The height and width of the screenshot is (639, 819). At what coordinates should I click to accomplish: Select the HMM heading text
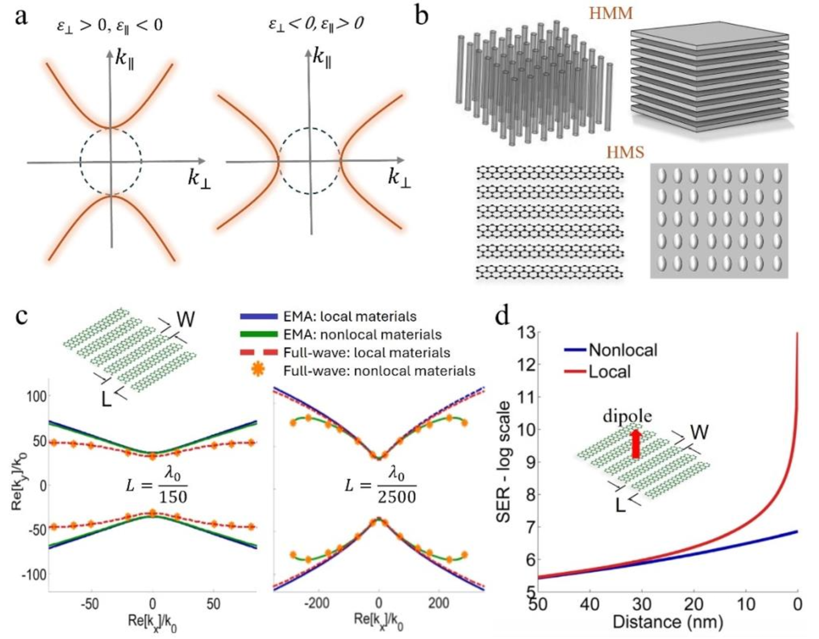[x=611, y=13]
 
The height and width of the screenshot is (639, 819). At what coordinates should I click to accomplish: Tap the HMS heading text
[x=625, y=152]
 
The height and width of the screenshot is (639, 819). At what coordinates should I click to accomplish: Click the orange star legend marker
[x=258, y=370]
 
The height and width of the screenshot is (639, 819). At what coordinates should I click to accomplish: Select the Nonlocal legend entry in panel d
[x=622, y=350]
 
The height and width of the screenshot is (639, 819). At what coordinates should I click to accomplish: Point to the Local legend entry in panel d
[x=609, y=371]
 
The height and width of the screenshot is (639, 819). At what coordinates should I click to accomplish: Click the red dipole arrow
[x=635, y=444]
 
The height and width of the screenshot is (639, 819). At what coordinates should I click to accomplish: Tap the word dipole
[x=627, y=416]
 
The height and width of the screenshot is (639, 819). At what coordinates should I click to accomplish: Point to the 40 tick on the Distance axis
[x=589, y=604]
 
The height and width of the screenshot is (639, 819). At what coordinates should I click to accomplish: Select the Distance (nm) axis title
[x=667, y=622]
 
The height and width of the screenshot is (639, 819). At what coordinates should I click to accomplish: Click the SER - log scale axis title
[x=503, y=462]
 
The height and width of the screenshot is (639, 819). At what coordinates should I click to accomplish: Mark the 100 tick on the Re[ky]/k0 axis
[x=37, y=396]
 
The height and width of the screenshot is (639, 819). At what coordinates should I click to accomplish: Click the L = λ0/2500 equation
[x=381, y=486]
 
